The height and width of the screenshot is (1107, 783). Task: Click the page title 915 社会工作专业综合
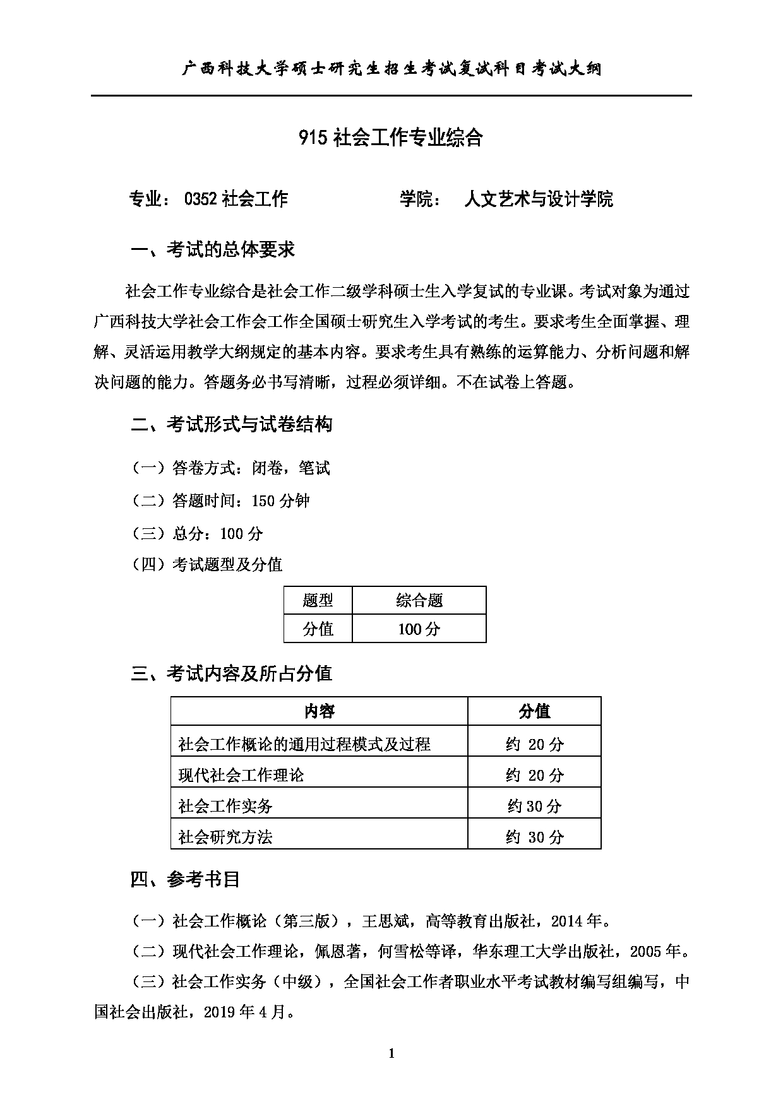click(x=391, y=137)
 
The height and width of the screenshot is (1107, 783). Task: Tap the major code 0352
click(x=201, y=199)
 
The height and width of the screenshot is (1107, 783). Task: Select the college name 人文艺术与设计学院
click(x=538, y=199)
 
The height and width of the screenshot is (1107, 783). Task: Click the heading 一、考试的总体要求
click(x=213, y=250)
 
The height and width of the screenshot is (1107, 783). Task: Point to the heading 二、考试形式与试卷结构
click(x=231, y=424)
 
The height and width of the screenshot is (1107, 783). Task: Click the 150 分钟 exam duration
click(x=280, y=501)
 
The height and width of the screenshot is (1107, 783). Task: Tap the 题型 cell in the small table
click(x=318, y=600)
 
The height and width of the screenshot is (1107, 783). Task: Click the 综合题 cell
click(x=419, y=600)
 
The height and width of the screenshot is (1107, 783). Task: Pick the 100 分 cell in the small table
click(x=419, y=629)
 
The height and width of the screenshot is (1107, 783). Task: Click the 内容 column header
click(x=319, y=712)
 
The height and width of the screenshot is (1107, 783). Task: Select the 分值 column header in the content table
click(x=534, y=712)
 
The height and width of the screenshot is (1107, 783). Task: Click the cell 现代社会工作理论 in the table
click(x=241, y=775)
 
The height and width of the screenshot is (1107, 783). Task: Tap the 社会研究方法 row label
click(x=225, y=837)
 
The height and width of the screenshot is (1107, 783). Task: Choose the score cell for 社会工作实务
click(x=534, y=806)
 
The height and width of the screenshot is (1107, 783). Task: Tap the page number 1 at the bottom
click(x=391, y=1053)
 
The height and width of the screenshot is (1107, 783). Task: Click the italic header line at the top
click(x=391, y=69)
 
